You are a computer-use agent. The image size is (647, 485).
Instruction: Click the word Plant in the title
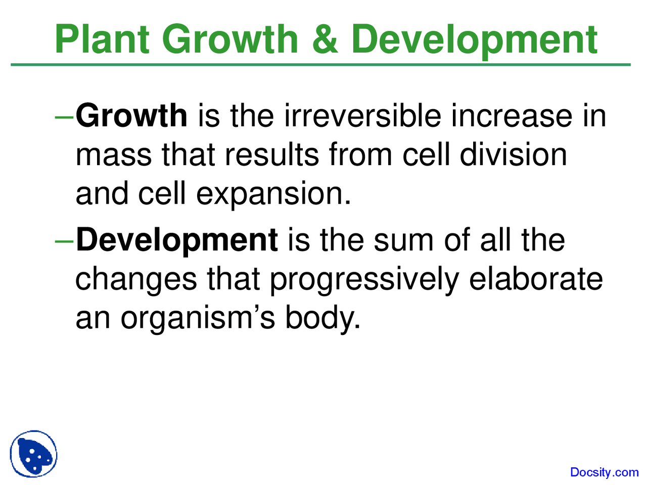click(x=103, y=39)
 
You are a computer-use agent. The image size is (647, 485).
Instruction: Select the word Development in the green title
click(x=474, y=39)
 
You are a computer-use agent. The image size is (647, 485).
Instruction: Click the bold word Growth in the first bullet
click(x=131, y=116)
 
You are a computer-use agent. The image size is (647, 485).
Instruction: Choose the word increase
click(x=512, y=116)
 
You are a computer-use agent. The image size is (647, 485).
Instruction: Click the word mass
click(x=113, y=155)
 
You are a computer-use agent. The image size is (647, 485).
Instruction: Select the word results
click(x=271, y=155)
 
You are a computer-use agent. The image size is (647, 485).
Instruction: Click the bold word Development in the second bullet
click(x=176, y=240)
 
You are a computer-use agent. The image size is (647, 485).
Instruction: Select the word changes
click(x=136, y=279)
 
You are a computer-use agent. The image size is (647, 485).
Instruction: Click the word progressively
click(x=363, y=279)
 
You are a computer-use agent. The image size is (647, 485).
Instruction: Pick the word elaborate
click(x=536, y=279)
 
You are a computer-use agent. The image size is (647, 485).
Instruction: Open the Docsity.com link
click(x=604, y=472)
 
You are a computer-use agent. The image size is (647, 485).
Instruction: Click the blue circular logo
click(x=33, y=454)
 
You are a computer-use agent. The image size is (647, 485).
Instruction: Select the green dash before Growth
click(x=65, y=117)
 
